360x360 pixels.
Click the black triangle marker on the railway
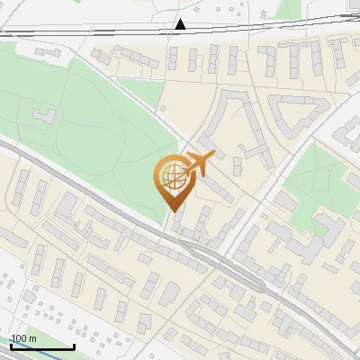pyautogui.click(x=181, y=24)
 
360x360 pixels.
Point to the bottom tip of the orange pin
pyautogui.click(x=172, y=211)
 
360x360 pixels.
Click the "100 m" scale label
pyautogui.click(x=23, y=339)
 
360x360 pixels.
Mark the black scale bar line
pyautogui.click(x=41, y=346)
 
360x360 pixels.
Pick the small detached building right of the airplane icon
pyautogui.click(x=238, y=166)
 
